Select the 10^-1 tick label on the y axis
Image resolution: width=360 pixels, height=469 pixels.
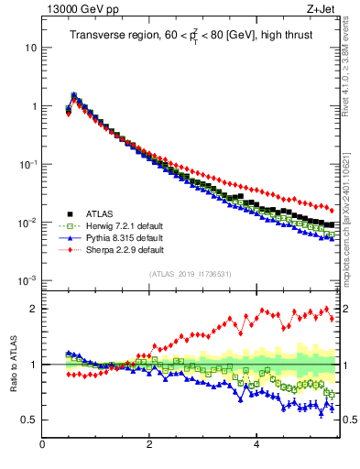tap(27, 163)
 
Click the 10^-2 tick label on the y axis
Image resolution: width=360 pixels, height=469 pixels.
tap(27, 222)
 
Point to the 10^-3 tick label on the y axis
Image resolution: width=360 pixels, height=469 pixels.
tap(27, 280)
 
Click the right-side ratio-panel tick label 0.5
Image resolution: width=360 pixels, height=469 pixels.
tap(350, 420)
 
